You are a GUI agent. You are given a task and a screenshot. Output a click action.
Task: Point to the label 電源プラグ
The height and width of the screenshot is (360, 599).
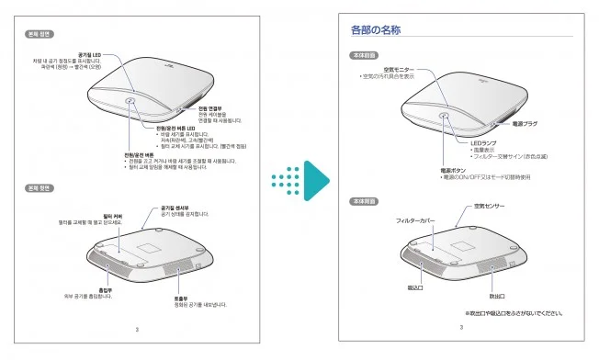coord(523,122)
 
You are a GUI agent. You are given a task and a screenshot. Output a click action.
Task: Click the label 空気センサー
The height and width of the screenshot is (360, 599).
coord(489,207)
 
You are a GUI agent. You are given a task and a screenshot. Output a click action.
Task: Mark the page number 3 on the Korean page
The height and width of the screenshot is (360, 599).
coord(137,329)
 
